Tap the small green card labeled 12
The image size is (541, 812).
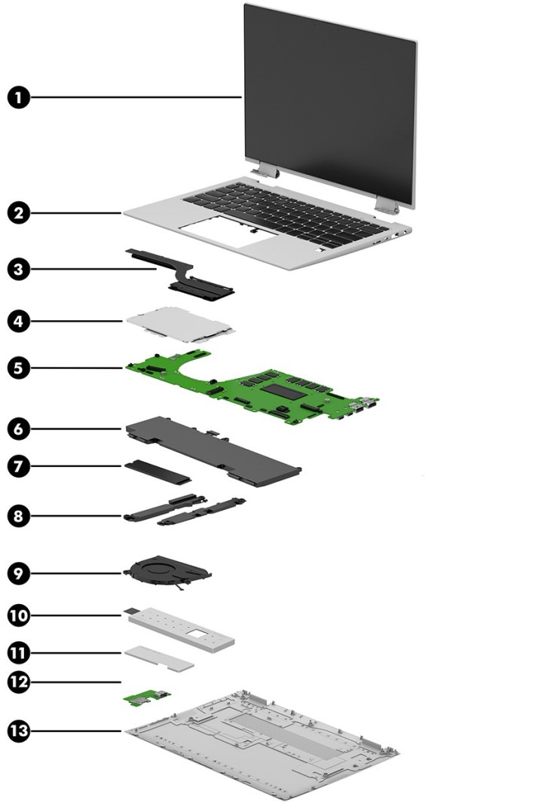pyautogui.click(x=148, y=700)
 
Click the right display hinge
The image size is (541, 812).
pyautogui.click(x=385, y=203)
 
